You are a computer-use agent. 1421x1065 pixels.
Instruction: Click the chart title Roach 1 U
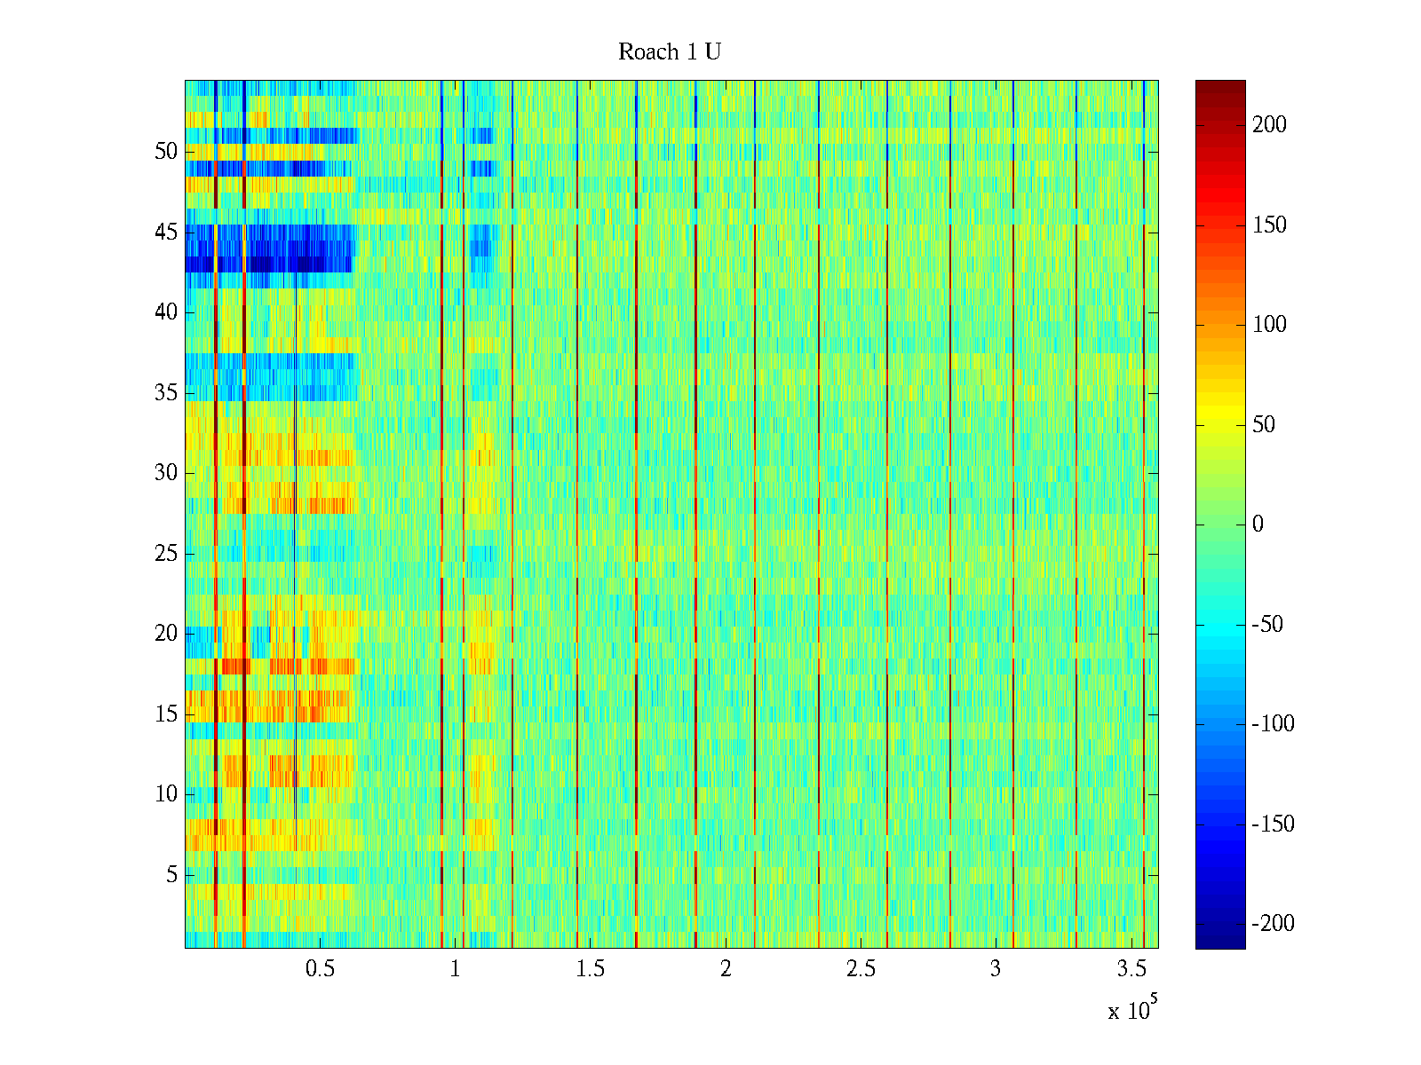[x=670, y=52]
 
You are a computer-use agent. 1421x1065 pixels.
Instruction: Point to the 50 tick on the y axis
[x=166, y=152]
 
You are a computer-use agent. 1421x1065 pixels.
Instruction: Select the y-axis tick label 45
[x=166, y=233]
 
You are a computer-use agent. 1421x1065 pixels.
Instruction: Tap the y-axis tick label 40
[x=166, y=312]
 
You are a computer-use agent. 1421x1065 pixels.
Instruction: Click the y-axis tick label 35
[x=166, y=393]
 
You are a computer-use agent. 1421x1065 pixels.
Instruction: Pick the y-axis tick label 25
[x=166, y=554]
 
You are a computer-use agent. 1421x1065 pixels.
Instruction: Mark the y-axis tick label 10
[x=166, y=794]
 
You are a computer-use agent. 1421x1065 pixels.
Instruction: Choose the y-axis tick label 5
[x=171, y=875]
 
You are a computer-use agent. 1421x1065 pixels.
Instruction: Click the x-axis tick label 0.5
[x=320, y=969]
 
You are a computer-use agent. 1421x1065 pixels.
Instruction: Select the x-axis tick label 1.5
[x=591, y=969]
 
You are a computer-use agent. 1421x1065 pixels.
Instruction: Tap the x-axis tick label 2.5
[x=861, y=969]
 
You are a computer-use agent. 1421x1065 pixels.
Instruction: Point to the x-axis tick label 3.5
[x=1131, y=969]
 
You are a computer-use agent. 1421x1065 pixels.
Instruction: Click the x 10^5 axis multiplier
[x=1132, y=1010]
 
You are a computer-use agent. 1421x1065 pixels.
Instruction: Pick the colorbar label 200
[x=1269, y=125]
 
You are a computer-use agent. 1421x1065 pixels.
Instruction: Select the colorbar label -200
[x=1273, y=924]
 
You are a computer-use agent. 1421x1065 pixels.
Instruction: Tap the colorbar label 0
[x=1258, y=525]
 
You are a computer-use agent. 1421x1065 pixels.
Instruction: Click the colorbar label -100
[x=1273, y=724]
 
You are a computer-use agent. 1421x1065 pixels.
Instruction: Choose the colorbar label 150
[x=1269, y=225]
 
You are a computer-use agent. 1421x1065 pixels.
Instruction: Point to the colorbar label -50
[x=1267, y=625]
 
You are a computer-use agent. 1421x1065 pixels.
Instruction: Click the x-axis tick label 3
[x=996, y=969]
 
